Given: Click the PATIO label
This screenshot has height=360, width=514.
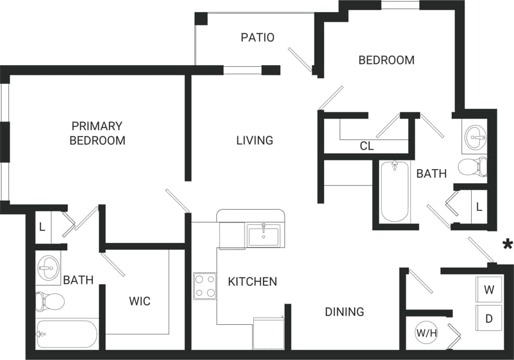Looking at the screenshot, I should [x=258, y=37].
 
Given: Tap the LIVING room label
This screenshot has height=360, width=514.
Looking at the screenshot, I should [x=254, y=140].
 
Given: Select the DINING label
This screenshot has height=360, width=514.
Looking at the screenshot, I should [x=344, y=312].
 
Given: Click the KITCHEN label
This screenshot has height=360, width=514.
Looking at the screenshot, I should [x=252, y=282].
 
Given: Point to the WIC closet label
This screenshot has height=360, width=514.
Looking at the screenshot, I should [x=139, y=301].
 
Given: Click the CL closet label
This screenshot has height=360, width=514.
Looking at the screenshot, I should [x=367, y=146].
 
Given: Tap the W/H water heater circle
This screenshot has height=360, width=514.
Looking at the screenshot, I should [x=426, y=333].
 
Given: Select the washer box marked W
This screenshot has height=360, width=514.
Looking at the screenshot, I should [x=489, y=290].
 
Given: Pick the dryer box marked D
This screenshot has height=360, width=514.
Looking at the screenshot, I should [x=489, y=318].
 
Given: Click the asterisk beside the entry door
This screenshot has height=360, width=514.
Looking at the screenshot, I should [x=507, y=245].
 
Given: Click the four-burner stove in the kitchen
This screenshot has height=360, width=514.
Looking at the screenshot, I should [x=205, y=286].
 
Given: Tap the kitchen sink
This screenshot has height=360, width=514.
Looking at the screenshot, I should [x=263, y=236].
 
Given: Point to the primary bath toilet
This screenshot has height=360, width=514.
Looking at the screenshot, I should [x=49, y=300].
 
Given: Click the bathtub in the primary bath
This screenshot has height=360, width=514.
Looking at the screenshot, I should [x=66, y=333].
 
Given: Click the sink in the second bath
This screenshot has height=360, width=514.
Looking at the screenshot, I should [x=475, y=136].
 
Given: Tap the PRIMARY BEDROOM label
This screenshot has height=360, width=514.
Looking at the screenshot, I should [x=97, y=133].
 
